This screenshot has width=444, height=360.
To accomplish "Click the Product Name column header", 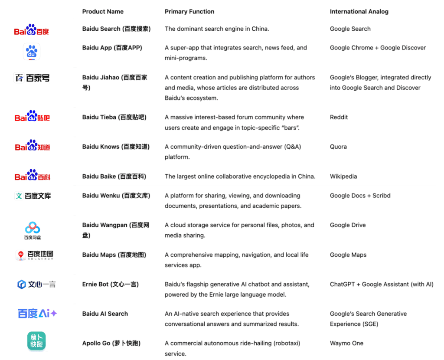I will pos(103,12).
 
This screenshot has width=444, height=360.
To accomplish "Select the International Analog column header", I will pos(359,12).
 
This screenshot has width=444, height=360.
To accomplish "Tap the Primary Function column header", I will pos(189,12).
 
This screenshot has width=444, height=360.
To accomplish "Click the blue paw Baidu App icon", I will pos(32,52).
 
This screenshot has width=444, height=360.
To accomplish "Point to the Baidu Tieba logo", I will pos(32,117).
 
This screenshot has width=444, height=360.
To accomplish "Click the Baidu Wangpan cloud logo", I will pos(33,229).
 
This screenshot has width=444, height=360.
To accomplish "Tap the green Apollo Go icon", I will pos(36,341).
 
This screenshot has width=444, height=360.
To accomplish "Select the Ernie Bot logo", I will pos(36,285).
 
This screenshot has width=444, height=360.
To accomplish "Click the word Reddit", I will pos(339,117).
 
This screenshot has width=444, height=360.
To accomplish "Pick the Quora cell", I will pos(338,147).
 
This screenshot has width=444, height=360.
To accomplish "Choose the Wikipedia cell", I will pos(343,177).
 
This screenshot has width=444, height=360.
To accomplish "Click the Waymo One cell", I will pos(346,343).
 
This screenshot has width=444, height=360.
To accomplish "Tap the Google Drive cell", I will pos(348,225).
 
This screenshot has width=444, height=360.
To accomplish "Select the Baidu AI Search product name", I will pos(105,314).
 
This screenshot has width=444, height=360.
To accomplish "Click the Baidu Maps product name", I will pos(114,255).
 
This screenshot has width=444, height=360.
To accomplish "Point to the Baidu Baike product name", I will pos(114,177).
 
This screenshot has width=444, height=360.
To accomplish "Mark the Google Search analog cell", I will pos(350,29).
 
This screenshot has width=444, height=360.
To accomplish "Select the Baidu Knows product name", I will pos(116,147).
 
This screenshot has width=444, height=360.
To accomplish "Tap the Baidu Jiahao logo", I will pos(32,78).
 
